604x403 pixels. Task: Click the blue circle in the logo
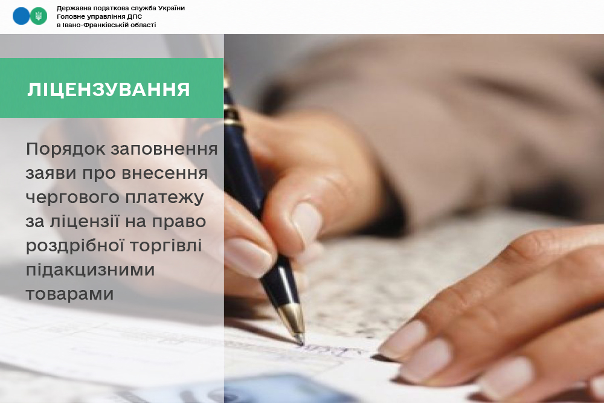click(21, 16)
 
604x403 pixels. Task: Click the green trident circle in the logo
click(39, 16)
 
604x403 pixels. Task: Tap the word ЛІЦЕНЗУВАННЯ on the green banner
click(109, 89)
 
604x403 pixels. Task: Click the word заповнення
click(164, 149)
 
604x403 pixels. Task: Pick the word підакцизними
click(90, 269)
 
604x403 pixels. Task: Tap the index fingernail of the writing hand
click(247, 257)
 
